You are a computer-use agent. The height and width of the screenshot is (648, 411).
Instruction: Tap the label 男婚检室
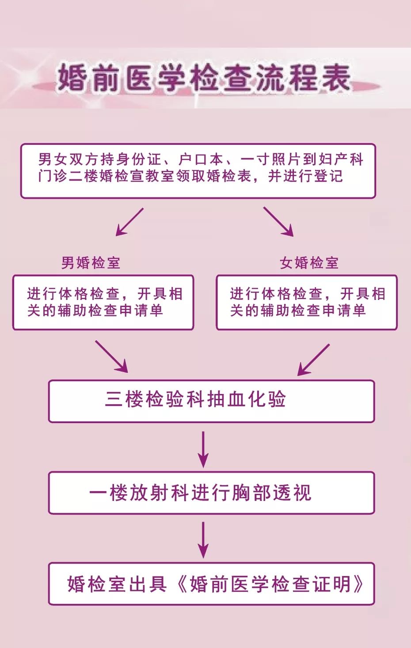pyautogui.click(x=91, y=263)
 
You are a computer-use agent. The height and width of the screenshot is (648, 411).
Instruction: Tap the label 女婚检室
pyautogui.click(x=309, y=263)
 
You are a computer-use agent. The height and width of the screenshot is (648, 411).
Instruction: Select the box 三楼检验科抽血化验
pyautogui.click(x=212, y=401)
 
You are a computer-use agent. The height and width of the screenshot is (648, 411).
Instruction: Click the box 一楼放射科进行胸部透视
pyautogui.click(x=212, y=493)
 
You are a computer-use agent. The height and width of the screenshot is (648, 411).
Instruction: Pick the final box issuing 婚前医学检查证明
pyautogui.click(x=212, y=584)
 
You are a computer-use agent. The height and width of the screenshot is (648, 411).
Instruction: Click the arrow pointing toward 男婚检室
pyautogui.click(x=129, y=222)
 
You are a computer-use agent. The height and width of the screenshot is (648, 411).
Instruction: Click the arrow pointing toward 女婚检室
pyautogui.click(x=278, y=222)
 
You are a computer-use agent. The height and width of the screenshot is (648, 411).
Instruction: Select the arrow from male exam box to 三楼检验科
pyautogui.click(x=111, y=356)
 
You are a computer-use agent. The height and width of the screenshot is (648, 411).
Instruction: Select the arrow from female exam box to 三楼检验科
pyautogui.click(x=313, y=360)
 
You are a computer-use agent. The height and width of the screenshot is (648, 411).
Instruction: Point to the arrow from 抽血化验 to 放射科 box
pyautogui.click(x=203, y=449)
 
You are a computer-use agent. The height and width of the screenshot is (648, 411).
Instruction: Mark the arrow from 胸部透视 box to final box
pyautogui.click(x=203, y=540)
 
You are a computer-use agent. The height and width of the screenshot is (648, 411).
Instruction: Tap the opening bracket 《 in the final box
pyautogui.click(x=182, y=584)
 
